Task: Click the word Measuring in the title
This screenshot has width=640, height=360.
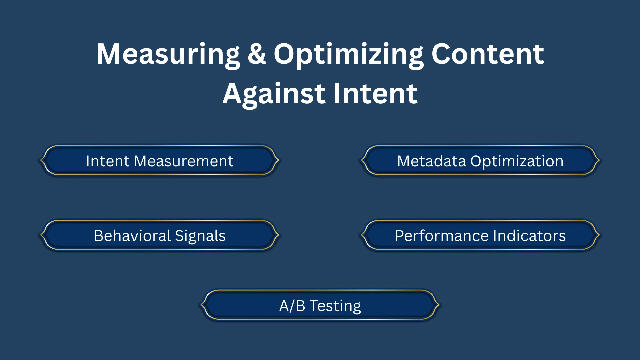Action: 168,54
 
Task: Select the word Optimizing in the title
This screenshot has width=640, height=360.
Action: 348,54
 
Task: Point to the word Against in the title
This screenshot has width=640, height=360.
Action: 274,94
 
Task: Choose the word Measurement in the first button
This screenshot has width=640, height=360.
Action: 184,161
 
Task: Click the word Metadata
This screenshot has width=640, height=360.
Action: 431,161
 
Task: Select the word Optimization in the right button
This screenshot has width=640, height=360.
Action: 517,161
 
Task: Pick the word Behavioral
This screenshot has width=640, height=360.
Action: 132,236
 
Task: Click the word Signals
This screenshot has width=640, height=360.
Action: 200,236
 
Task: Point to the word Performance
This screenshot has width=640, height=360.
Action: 442,236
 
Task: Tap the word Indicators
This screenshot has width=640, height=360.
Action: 529,236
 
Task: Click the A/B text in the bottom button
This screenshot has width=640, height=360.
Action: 292,306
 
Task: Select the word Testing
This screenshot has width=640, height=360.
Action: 335,306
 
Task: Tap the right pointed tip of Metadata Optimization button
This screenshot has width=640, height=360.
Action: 599,160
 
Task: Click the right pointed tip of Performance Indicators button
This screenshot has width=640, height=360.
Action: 599,235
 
